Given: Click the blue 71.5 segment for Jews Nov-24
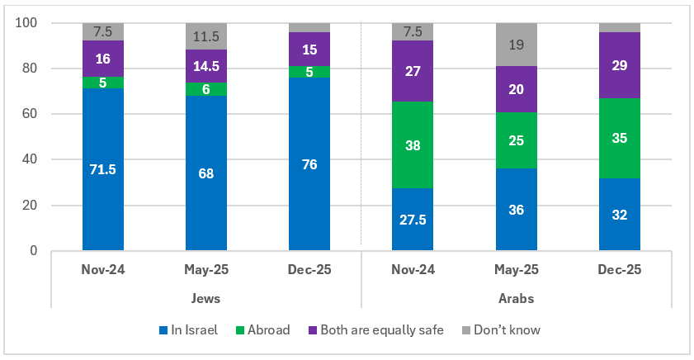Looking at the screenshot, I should click(x=103, y=169).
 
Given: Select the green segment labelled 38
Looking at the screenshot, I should click(x=413, y=145).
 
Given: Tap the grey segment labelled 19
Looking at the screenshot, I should click(x=516, y=45).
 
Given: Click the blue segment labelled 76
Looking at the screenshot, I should click(x=309, y=163).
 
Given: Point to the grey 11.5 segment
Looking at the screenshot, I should click(x=206, y=36).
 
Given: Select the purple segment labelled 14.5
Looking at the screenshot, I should click(x=206, y=66).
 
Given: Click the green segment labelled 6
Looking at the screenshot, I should click(x=206, y=89).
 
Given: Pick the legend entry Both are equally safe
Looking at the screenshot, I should click(x=380, y=330).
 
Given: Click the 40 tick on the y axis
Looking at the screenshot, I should click(x=31, y=159).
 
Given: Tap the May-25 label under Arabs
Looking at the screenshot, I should click(x=516, y=270).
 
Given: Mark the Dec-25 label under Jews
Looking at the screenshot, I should click(x=309, y=270).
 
